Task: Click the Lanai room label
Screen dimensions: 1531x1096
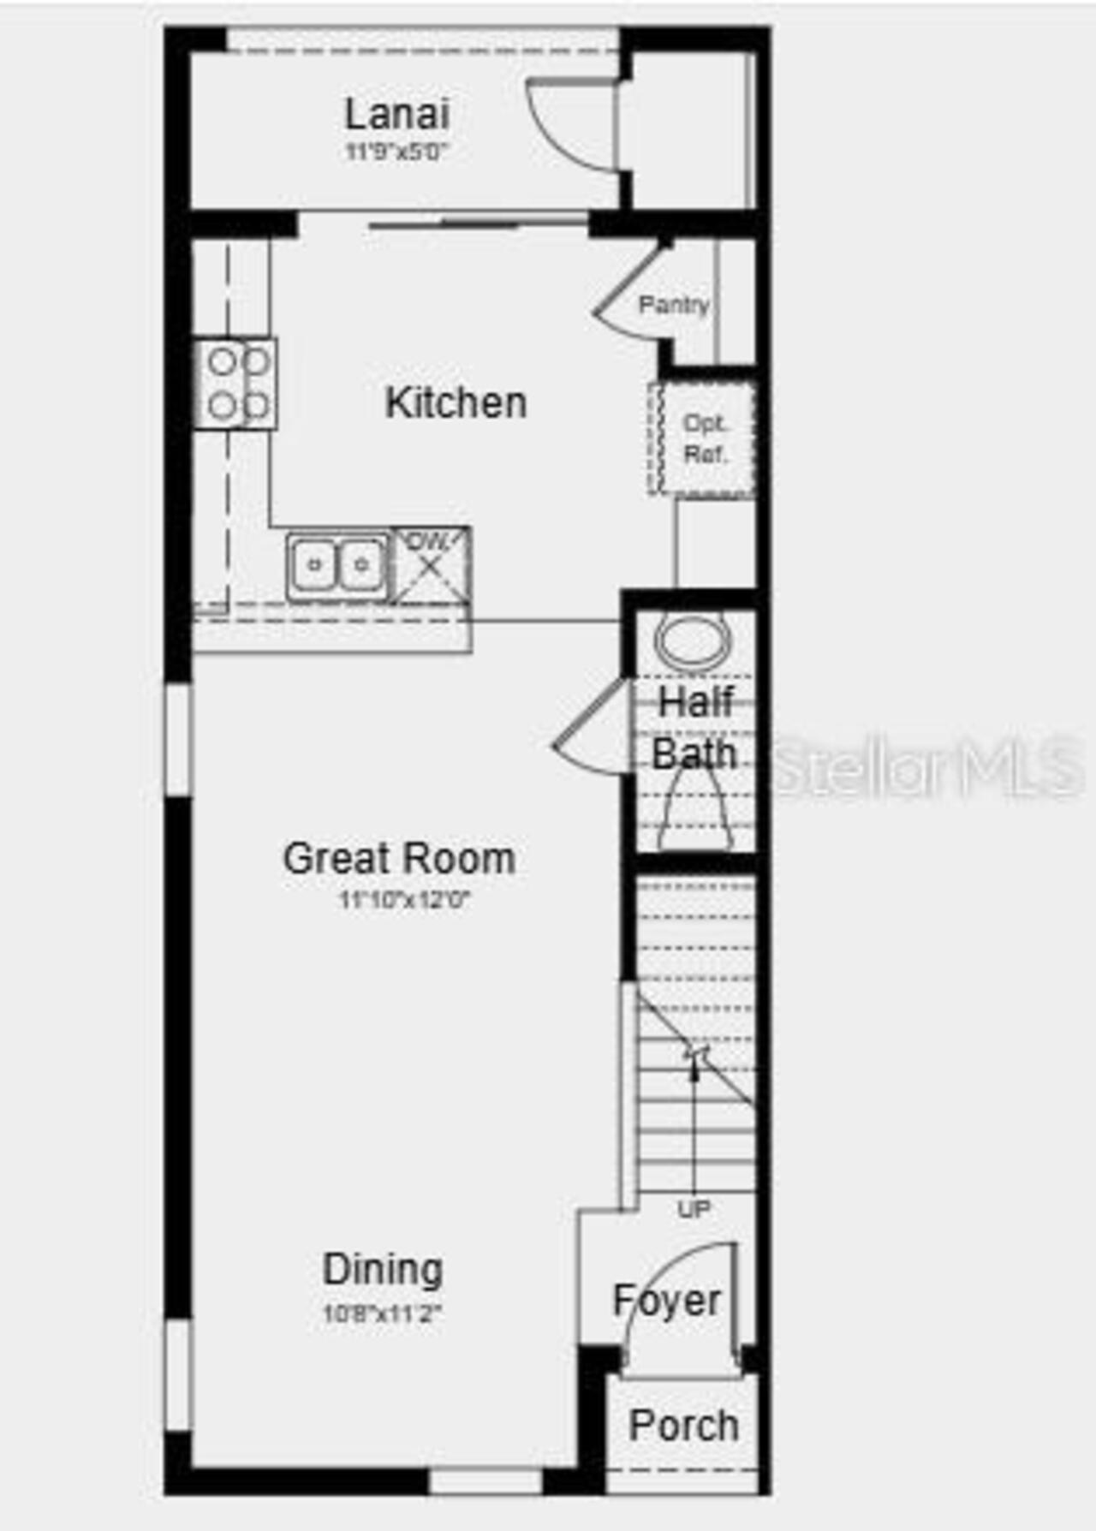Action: [x=396, y=114]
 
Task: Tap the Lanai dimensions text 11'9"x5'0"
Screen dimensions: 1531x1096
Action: [x=396, y=152]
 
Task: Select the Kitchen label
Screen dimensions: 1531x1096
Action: [x=456, y=402]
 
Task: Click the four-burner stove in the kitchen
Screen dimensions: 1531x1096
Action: [x=236, y=384]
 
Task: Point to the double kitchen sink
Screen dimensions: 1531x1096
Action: [x=337, y=565]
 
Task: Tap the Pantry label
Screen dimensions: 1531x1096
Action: [x=674, y=304]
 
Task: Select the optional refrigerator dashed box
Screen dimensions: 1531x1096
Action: [x=702, y=438]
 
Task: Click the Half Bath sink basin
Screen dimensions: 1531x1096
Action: [x=693, y=640]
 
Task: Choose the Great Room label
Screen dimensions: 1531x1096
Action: [x=399, y=858]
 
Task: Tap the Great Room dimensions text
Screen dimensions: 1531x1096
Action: [x=405, y=900]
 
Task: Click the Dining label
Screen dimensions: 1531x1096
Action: [x=383, y=1269]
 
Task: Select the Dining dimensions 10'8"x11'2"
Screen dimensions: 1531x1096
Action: [x=382, y=1313]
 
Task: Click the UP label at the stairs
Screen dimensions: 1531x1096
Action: [x=694, y=1209]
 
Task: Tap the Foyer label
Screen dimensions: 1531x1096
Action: [x=667, y=1301]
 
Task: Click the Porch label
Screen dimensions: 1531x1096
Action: [x=683, y=1426]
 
